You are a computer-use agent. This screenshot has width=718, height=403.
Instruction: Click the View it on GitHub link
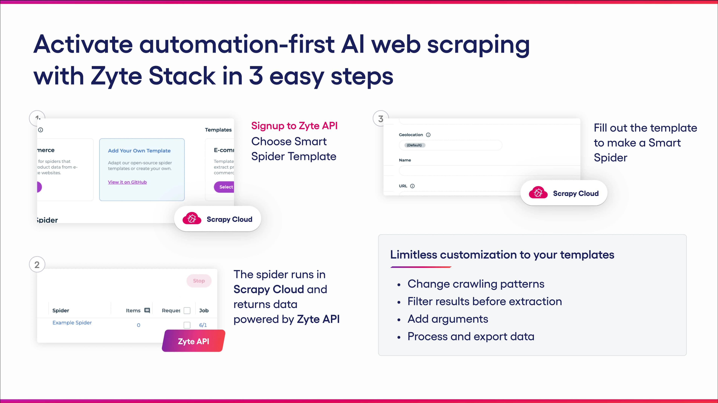pyautogui.click(x=127, y=182)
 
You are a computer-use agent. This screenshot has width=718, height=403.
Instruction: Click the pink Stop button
pyautogui.click(x=199, y=281)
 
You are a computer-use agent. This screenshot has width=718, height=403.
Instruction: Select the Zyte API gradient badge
pyautogui.click(x=194, y=341)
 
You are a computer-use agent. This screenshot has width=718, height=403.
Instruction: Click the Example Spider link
pyautogui.click(x=72, y=322)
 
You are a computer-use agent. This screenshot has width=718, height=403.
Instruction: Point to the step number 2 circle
pyautogui.click(x=37, y=264)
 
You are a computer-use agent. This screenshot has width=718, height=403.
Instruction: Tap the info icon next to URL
pyautogui.click(x=412, y=186)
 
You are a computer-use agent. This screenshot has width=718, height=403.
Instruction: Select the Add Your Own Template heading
pyautogui.click(x=139, y=150)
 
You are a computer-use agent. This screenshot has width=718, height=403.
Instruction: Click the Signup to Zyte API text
pyautogui.click(x=294, y=126)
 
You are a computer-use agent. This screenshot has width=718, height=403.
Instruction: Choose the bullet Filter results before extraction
pyautogui.click(x=484, y=301)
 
